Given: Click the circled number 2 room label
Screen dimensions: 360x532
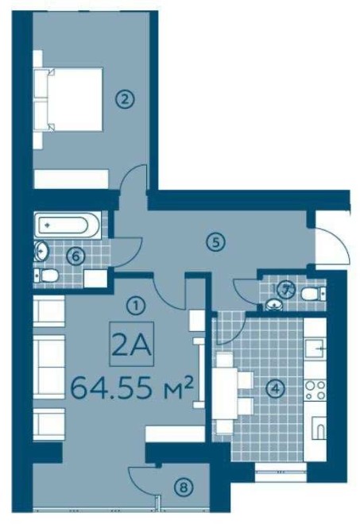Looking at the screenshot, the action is pos(125,100).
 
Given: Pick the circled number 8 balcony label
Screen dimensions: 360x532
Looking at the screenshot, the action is pos(183,488).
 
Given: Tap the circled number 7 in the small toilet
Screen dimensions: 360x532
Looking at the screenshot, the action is pos(285,290).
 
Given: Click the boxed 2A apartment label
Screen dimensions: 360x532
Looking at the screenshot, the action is pos(131,344).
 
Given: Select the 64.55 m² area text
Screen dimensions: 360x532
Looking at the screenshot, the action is pos(132,388).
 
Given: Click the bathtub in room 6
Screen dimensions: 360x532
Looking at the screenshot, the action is pos(68,225).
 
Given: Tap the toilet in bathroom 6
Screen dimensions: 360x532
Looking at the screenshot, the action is pos(47,276).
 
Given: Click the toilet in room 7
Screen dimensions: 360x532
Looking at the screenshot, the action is pos(313,294).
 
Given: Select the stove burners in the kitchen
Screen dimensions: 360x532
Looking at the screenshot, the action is pos(315,390).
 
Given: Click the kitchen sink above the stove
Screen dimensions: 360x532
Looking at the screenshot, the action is pos(315,349).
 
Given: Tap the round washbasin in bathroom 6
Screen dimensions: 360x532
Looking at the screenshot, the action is pos(42,252).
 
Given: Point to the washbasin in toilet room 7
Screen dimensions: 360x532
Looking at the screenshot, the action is pos(273,305).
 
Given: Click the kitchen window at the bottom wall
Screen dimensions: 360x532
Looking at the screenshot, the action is pos(281,472).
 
